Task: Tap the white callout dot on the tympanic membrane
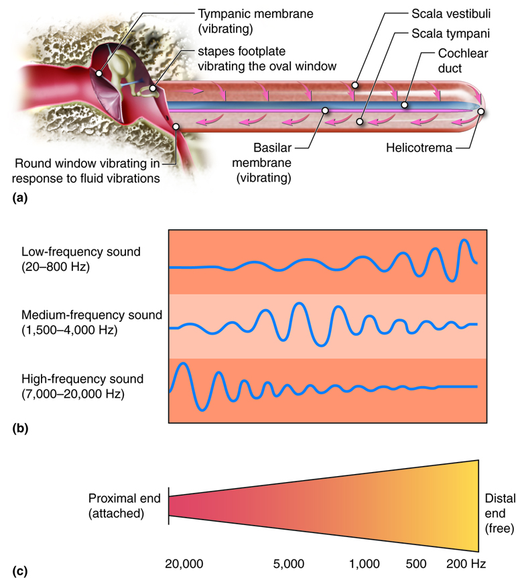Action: pos(99,73)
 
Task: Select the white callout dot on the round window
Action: pos(176,125)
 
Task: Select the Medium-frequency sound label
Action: pos(91,322)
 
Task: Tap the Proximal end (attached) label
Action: pos(125,506)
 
